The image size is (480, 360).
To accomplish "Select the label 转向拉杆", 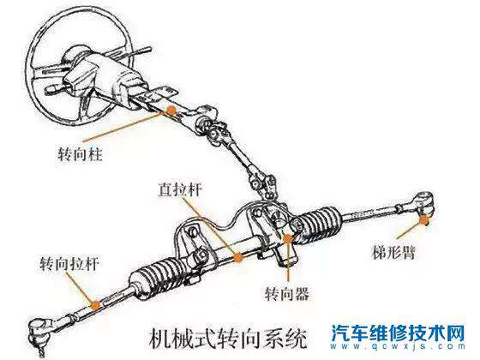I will pyautogui.click(x=65, y=264).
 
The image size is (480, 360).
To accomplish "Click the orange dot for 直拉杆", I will pyautogui.click(x=238, y=255).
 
